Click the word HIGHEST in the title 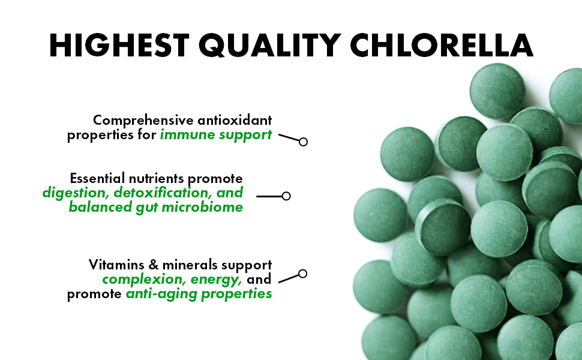click(119, 45)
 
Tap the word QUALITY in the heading click(269, 45)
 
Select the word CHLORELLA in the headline click(442, 45)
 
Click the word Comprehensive click(143, 121)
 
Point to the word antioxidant click(235, 120)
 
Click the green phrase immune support click(216, 135)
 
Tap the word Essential click(98, 178)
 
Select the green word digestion click(76, 193)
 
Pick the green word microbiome click(202, 207)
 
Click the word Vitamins click(116, 265)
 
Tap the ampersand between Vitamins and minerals click(153, 265)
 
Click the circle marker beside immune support click(303, 142)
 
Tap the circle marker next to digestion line click(286, 196)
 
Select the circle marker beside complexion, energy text click(303, 274)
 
